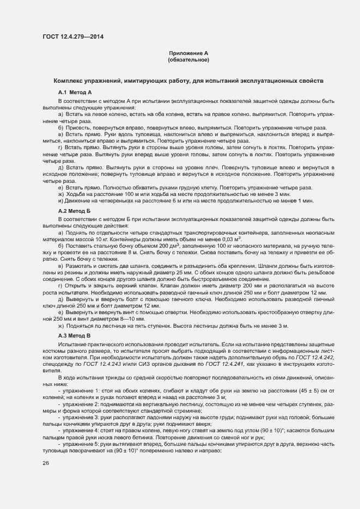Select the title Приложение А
pyautogui.click(x=188, y=53)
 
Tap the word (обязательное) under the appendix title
pyautogui.click(x=188, y=59)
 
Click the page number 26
pyautogui.click(x=46, y=464)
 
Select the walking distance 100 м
pyautogui.click(x=131, y=194)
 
